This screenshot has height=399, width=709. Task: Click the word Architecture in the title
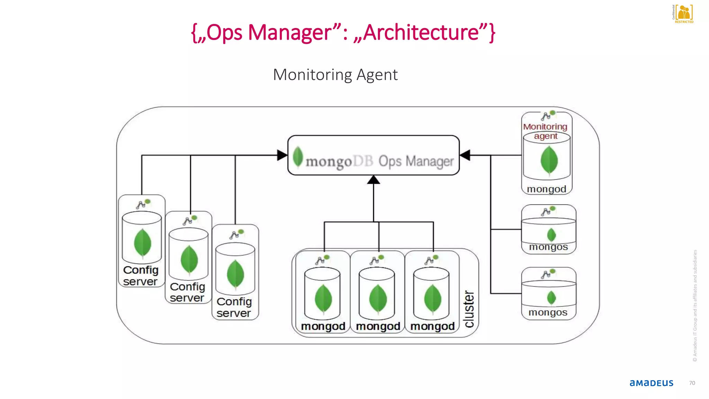(421, 33)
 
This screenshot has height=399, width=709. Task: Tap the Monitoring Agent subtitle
(335, 75)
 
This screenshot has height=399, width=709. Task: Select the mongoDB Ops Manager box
(373, 156)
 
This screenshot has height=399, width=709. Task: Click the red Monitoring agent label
(545, 131)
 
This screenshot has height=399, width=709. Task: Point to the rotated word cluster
(469, 309)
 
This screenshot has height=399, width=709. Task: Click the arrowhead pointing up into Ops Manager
(373, 179)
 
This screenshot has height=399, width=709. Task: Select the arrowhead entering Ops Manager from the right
(465, 155)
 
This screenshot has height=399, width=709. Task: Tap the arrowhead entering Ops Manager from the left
(282, 155)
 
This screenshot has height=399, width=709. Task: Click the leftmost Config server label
(141, 276)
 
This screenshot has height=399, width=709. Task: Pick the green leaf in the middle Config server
(189, 259)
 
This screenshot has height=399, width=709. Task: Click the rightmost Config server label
(234, 307)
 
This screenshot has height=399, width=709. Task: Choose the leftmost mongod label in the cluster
(323, 326)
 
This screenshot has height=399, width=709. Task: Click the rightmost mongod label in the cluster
(432, 326)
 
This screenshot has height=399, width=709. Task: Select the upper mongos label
(548, 247)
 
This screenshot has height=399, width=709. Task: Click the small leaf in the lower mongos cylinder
(551, 298)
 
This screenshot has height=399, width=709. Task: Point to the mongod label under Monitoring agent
(546, 189)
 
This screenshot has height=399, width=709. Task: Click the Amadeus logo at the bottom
(651, 383)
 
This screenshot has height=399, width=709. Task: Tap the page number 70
(692, 383)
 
